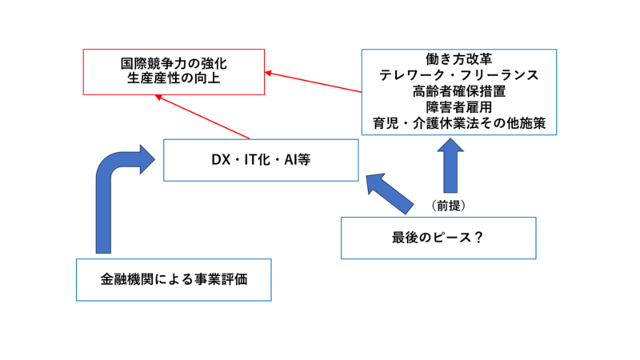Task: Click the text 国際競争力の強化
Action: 174,64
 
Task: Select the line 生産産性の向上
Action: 174,78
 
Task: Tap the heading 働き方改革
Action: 458,59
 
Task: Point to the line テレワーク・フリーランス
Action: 458,75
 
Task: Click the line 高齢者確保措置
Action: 458,91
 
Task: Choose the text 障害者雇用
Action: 458,107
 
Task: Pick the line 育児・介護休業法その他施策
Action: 458,123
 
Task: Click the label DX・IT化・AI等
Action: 261,159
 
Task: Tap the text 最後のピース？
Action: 438,237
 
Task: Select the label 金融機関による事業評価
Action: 174,279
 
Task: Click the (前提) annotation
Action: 448,206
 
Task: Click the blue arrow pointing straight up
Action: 450,166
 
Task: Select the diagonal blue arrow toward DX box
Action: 389,194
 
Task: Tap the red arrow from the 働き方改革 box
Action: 313,82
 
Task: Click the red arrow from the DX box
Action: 202,117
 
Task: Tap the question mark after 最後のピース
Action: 478,237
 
